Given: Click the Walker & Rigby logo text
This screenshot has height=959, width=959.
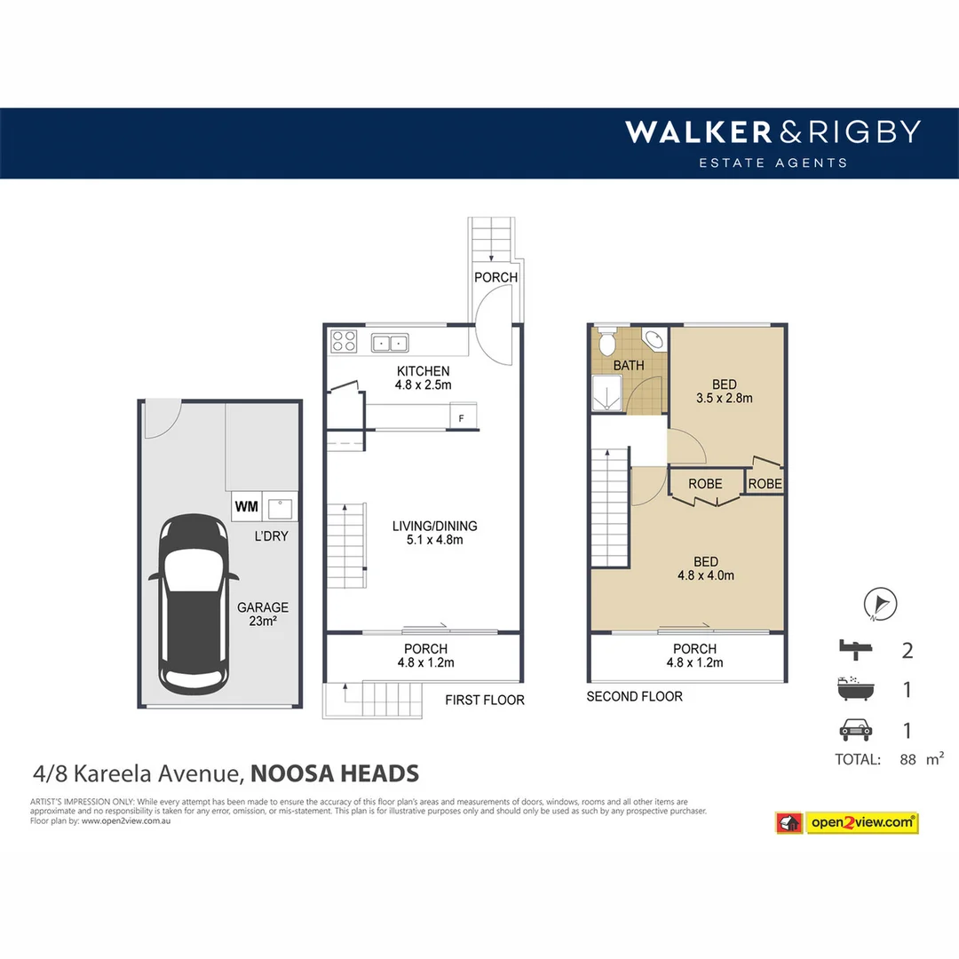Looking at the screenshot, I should [772, 132].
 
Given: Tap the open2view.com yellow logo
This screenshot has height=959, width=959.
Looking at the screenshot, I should [861, 823].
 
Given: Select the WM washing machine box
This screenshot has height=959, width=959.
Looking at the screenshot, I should [246, 507].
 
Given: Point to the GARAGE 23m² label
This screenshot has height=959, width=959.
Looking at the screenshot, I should [262, 614].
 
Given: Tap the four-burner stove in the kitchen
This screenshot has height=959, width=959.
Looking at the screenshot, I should [344, 341].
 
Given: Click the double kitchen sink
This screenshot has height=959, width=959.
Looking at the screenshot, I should [389, 341].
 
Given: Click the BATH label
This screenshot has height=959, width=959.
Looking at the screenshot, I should [629, 365].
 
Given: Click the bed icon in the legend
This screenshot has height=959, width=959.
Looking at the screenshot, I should [854, 650].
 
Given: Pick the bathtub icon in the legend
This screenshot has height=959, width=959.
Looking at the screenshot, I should [854, 689].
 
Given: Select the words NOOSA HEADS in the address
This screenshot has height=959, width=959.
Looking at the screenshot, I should [335, 773].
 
